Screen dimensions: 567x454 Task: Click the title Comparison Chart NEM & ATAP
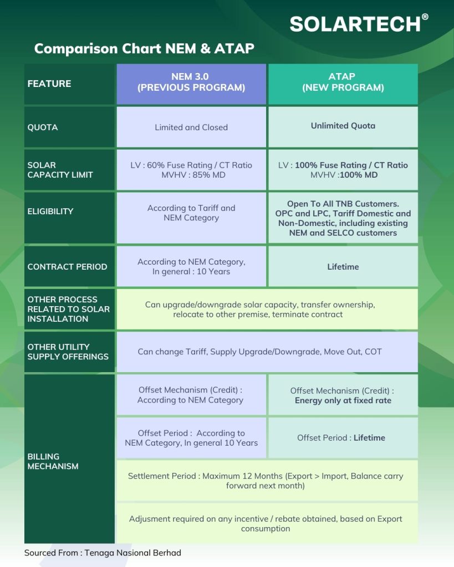pyautogui.click(x=144, y=48)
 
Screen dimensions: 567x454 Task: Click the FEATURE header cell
pyautogui.click(x=69, y=84)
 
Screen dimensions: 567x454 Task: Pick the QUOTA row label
pyautogui.click(x=69, y=127)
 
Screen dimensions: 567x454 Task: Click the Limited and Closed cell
pyautogui.click(x=191, y=127)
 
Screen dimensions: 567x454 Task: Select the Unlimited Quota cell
pyautogui.click(x=343, y=126)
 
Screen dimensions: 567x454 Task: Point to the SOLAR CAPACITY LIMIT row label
pyautogui.click(x=69, y=169)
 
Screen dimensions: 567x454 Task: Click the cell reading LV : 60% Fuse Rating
pyautogui.click(x=191, y=170)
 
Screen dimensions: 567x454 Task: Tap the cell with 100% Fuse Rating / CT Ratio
pyautogui.click(x=343, y=170)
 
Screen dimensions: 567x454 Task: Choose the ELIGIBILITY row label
pyautogui.click(x=69, y=211)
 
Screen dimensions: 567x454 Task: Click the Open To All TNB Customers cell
pyautogui.click(x=343, y=218)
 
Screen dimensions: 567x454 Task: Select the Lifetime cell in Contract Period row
pyautogui.click(x=343, y=266)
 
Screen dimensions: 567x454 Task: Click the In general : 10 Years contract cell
pyautogui.click(x=191, y=266)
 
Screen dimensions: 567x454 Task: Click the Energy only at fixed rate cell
pyautogui.click(x=343, y=395)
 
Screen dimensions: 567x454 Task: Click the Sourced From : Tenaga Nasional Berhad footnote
pyautogui.click(x=103, y=553)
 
